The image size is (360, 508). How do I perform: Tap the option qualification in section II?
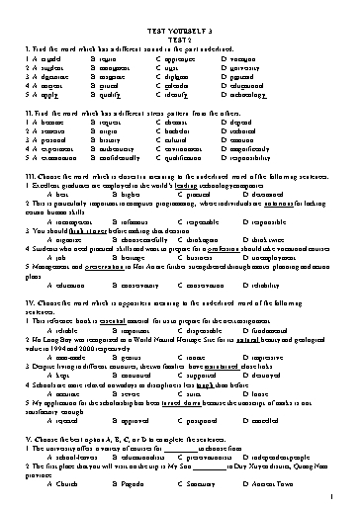(230, 156)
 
